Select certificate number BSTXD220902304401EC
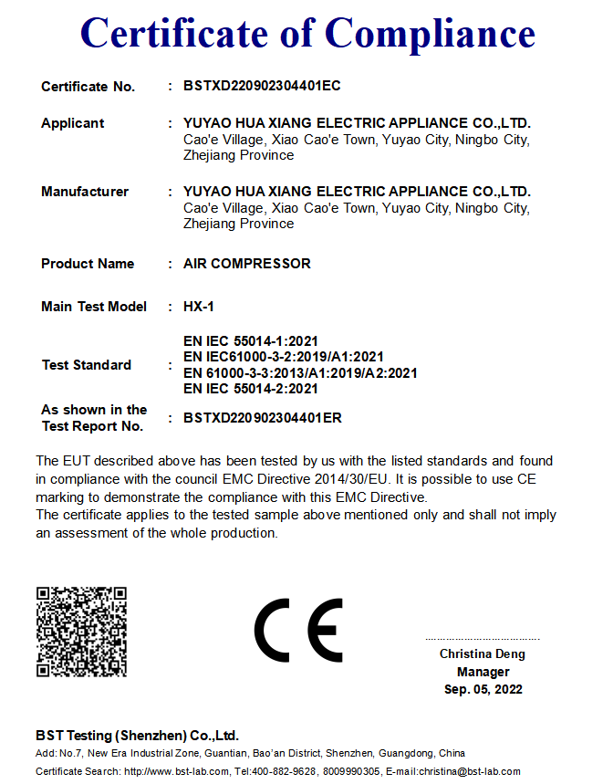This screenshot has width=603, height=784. (x=262, y=86)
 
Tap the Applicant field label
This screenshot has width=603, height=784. (x=73, y=123)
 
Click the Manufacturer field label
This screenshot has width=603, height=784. (x=85, y=192)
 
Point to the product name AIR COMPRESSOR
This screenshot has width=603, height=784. (x=246, y=264)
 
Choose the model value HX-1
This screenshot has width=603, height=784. (x=199, y=307)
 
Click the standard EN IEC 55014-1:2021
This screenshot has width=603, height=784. (x=251, y=341)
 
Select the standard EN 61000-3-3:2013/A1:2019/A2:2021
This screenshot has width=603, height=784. (x=300, y=372)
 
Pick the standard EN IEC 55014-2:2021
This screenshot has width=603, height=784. (x=251, y=389)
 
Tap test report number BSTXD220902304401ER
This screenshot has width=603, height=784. (x=263, y=418)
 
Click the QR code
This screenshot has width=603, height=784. (x=81, y=632)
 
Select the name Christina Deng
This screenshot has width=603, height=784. (x=483, y=654)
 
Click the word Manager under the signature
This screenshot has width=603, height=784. (x=483, y=672)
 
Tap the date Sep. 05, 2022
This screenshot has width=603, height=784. (x=483, y=689)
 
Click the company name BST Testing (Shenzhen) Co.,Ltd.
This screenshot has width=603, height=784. (x=137, y=735)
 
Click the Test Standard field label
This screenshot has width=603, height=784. (x=87, y=365)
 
